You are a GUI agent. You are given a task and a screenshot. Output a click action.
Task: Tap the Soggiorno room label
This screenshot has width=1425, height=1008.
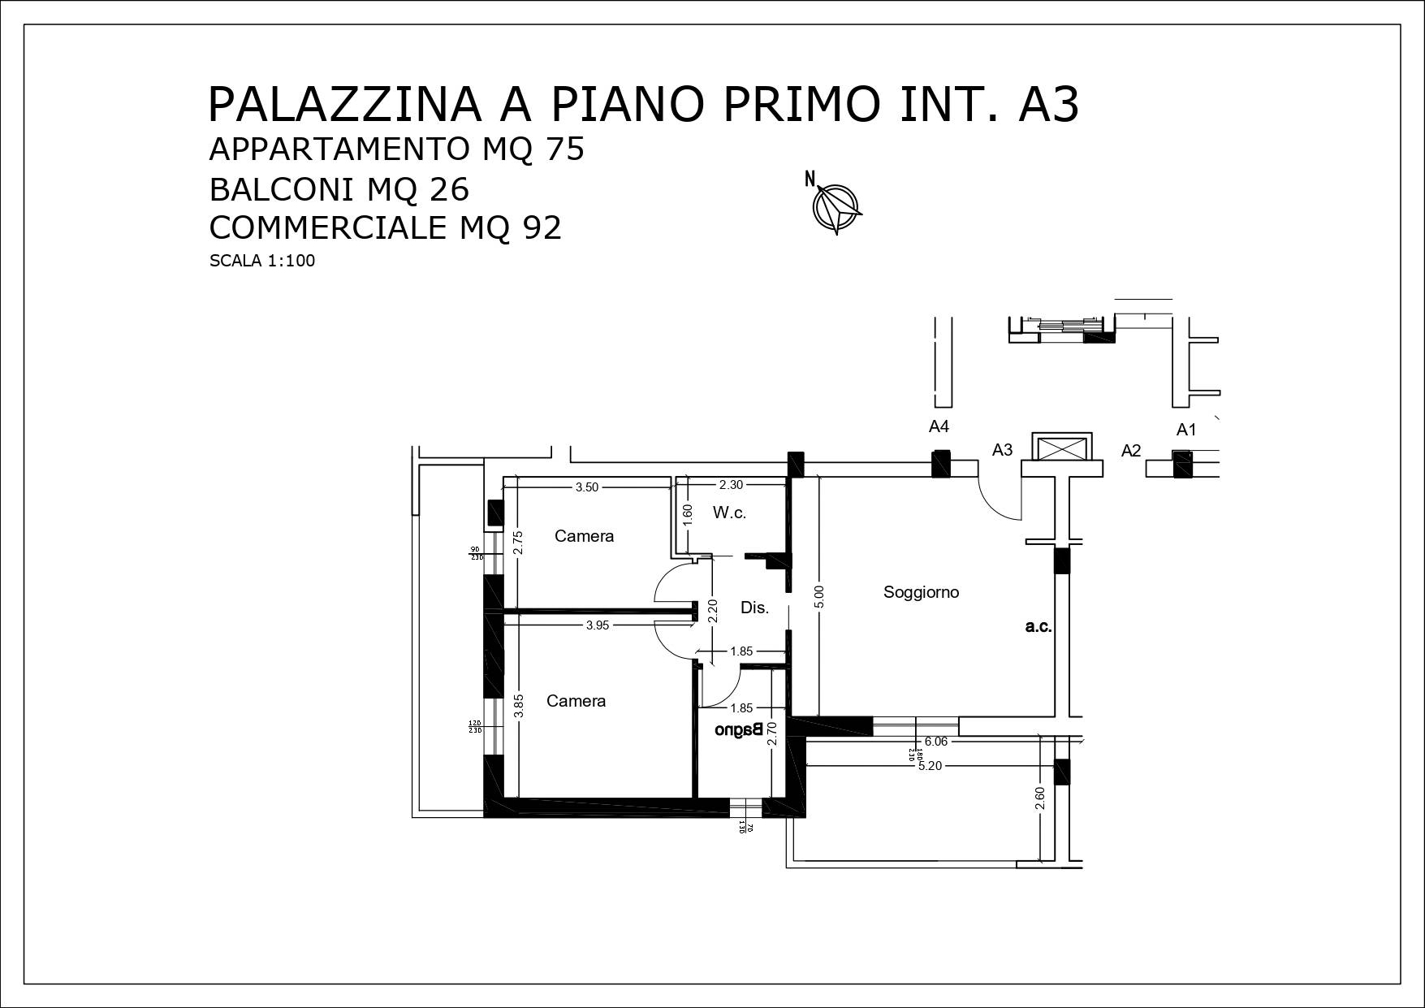click(921, 592)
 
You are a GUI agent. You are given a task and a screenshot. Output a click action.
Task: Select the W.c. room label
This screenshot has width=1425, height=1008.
click(728, 513)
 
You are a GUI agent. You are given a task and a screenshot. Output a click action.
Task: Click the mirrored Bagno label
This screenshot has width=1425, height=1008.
click(738, 729)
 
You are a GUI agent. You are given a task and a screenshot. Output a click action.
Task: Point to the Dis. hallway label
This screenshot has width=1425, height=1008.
click(754, 608)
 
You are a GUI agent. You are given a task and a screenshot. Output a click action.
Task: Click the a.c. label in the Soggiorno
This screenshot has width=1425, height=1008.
click(1038, 626)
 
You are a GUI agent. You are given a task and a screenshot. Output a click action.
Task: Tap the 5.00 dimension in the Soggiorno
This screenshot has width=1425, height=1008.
click(819, 597)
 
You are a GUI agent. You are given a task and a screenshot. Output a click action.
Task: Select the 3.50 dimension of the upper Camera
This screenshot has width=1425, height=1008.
click(586, 487)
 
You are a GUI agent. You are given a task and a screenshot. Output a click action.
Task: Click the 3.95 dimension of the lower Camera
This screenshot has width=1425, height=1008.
click(597, 625)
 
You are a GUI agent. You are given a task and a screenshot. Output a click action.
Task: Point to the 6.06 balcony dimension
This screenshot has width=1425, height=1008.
click(935, 742)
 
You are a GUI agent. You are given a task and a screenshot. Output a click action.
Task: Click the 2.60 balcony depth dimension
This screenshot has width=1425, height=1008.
click(1040, 798)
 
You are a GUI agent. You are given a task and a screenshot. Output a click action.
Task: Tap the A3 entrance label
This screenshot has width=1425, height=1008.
click(1002, 449)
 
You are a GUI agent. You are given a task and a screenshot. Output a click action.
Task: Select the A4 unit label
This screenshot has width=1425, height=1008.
click(939, 426)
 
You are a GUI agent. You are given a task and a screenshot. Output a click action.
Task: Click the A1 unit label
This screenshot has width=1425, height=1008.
click(1186, 430)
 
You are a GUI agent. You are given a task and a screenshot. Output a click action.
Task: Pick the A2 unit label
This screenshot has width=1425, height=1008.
click(1131, 450)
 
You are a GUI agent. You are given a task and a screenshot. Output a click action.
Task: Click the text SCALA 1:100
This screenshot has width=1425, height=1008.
click(261, 261)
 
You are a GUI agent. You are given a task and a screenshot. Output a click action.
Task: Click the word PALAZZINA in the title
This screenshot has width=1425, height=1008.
click(344, 104)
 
